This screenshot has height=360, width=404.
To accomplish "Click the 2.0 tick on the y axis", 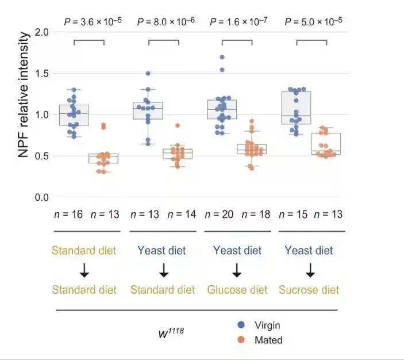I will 42,32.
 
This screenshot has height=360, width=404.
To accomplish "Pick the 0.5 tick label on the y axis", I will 42,156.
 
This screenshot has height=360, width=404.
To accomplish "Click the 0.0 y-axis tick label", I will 42,197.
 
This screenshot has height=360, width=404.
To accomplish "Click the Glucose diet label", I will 237,289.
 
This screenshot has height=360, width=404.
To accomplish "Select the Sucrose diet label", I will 309,289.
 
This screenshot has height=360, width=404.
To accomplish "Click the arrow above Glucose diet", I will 237,270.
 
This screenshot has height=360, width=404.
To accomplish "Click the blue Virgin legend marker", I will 241,325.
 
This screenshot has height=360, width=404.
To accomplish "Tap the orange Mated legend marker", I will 241,340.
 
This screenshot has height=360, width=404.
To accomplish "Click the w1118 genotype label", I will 171,332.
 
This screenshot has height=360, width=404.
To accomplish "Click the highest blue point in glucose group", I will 222,58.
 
